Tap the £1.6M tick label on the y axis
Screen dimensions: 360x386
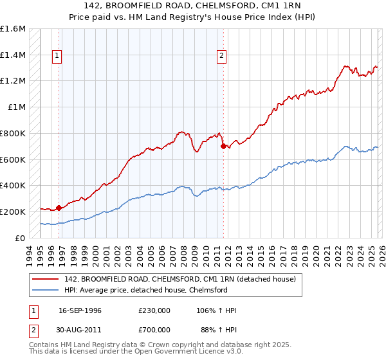13,29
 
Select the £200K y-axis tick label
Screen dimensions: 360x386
13,212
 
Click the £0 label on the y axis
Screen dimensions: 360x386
21,238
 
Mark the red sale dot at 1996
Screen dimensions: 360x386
59,208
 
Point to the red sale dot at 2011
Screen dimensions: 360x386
224,147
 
